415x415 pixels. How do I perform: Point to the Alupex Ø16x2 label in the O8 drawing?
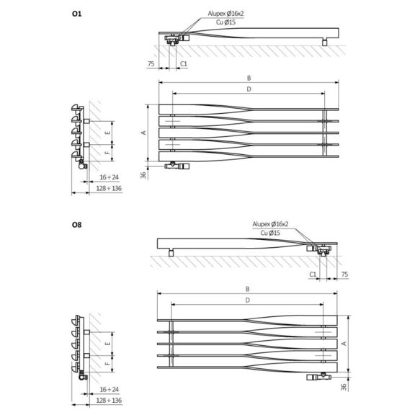click(271, 225)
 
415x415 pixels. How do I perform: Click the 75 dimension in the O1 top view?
click(151, 64)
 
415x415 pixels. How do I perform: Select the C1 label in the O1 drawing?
click(184, 64)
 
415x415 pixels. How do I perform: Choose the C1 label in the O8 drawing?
click(313, 275)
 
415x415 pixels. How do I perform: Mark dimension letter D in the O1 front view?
click(248, 89)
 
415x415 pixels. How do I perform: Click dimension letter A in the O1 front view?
click(144, 133)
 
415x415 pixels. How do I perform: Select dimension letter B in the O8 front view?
click(248, 289)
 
